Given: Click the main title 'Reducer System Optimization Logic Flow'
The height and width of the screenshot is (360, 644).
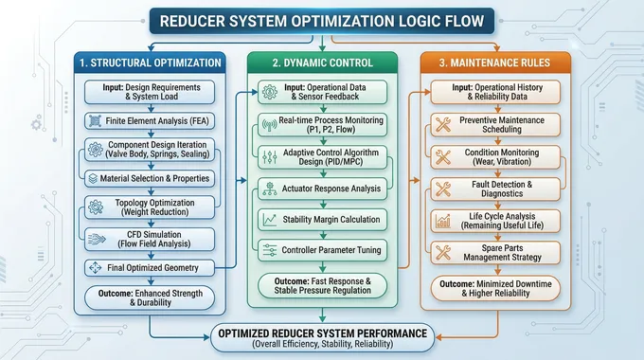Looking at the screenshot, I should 322,20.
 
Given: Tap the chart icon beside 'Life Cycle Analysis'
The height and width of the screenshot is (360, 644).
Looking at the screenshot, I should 442,222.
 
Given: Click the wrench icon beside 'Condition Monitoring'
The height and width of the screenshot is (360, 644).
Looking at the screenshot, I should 442,157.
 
